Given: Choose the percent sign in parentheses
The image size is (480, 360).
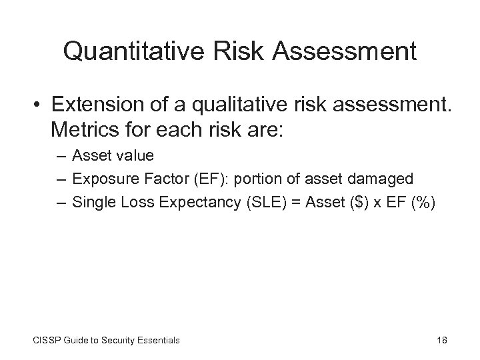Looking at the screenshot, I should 423,201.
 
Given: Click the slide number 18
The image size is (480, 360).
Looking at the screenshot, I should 441,340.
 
